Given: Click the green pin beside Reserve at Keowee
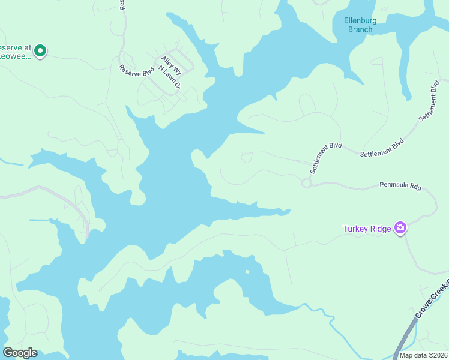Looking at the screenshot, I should [x=40, y=51].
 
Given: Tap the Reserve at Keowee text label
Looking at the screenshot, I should [x=14, y=52].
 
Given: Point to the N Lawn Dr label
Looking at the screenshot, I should [x=169, y=77].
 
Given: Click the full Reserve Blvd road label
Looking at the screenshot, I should [x=137, y=71].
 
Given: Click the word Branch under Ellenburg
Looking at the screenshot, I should [x=360, y=29].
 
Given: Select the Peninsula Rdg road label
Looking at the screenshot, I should [x=400, y=187].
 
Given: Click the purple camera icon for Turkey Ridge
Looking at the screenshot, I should [x=400, y=228].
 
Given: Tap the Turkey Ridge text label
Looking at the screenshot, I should [x=366, y=229].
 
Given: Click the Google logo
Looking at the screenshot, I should [x=20, y=353].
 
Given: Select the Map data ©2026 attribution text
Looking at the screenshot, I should [x=423, y=355].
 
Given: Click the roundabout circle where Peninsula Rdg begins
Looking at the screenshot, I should [x=307, y=183].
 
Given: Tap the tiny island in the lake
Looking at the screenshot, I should [x=247, y=271].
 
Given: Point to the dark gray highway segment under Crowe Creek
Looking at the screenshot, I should [x=403, y=339].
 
